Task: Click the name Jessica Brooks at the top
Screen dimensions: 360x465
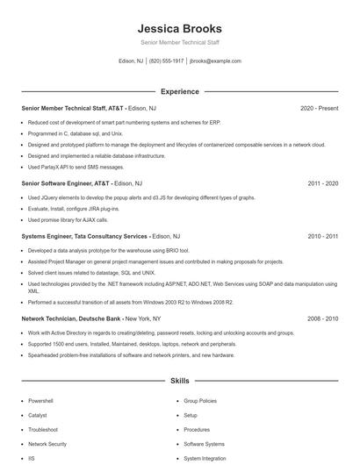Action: click(x=179, y=28)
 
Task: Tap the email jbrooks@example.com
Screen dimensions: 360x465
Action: click(x=215, y=61)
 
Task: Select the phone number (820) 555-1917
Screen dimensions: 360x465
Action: click(x=166, y=61)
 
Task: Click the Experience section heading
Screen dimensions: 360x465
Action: click(x=179, y=91)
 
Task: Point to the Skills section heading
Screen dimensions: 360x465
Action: click(x=179, y=382)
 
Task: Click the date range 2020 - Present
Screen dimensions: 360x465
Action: click(x=319, y=108)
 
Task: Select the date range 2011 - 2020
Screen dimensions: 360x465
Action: click(x=323, y=183)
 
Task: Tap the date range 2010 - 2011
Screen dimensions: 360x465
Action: click(x=323, y=236)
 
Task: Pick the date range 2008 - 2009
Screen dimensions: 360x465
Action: click(x=323, y=319)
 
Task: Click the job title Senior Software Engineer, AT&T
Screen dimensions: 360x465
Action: click(x=66, y=183)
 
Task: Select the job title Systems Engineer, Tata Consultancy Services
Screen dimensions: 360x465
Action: click(x=84, y=236)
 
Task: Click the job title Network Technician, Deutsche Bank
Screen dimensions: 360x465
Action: click(x=71, y=319)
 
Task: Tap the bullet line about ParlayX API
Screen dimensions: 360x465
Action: click(x=76, y=167)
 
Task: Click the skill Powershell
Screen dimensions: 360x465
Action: click(x=40, y=400)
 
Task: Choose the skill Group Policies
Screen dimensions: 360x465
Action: click(x=200, y=400)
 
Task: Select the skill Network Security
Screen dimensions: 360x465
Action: click(x=47, y=444)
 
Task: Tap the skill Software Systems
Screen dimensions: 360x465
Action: click(x=204, y=444)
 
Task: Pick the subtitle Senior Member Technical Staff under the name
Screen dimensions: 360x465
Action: click(x=179, y=43)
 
